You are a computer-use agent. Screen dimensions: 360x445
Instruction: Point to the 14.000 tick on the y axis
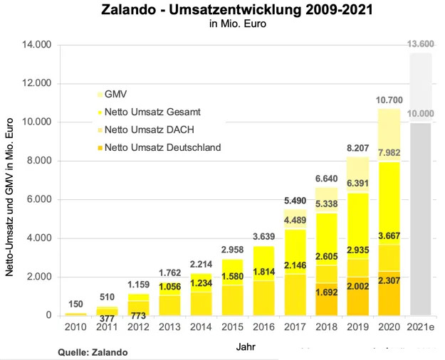pos(37,45)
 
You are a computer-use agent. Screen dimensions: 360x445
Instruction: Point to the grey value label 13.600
pos(421,44)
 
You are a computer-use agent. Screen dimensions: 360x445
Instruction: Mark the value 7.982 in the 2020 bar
pos(389,154)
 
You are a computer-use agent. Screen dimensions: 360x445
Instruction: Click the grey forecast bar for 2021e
pos(421,213)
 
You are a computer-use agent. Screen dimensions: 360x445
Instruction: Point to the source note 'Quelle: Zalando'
pos(92,351)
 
